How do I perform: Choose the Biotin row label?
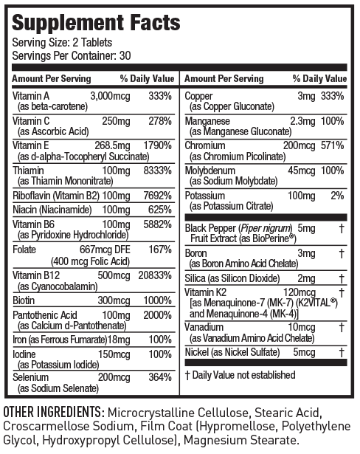(24, 300)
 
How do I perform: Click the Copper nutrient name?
(199, 96)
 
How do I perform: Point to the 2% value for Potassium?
(338, 196)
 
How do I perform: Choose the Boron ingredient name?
(197, 253)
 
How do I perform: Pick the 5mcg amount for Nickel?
(302, 351)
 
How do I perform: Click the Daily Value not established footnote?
(240, 375)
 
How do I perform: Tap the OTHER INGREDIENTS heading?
(52, 410)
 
